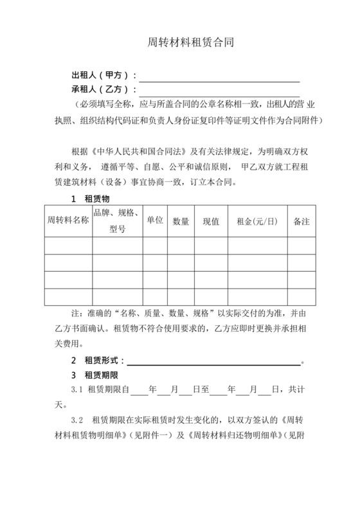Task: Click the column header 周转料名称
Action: pyautogui.click(x=68, y=221)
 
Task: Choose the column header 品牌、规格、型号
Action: pyautogui.click(x=117, y=220)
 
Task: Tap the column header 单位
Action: pyautogui.click(x=155, y=220)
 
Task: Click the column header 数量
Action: pyautogui.click(x=181, y=221)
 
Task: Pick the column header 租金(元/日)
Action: pyautogui.click(x=257, y=221)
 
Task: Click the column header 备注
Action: pyautogui.click(x=301, y=221)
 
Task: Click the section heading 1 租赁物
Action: pyautogui.click(x=90, y=199)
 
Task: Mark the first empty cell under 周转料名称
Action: pyautogui.click(x=68, y=246)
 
